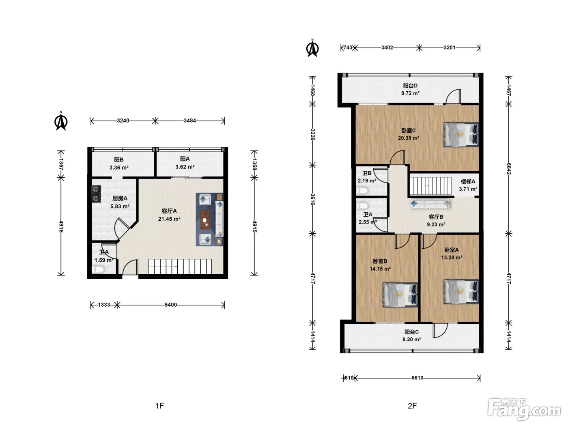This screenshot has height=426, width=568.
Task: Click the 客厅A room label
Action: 169,211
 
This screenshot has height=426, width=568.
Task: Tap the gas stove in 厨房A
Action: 96,194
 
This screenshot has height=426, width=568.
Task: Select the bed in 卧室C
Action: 461,135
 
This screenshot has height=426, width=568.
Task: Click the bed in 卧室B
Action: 400,295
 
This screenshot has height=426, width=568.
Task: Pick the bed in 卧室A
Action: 461,291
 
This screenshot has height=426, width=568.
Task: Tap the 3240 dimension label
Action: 123,121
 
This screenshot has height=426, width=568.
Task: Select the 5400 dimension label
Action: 171,305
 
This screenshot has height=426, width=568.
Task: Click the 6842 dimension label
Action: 509,169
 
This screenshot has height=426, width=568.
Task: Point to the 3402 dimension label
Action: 387,47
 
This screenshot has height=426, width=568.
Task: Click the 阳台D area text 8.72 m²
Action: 411,93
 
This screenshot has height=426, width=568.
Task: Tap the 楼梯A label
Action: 468,182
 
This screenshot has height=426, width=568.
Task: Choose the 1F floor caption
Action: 160,406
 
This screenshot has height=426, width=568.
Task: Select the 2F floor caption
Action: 412,406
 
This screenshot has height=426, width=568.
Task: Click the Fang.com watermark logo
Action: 524,410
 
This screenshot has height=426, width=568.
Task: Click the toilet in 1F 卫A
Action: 98,270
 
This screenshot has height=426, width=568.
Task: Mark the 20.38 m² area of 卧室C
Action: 409,138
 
